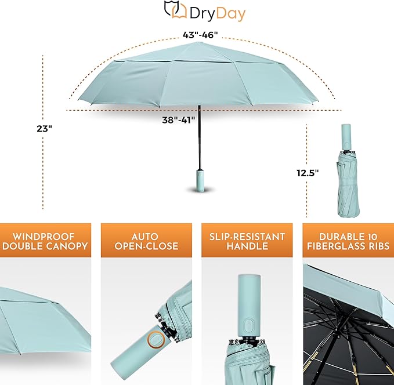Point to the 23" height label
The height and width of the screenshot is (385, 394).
(x=45, y=128)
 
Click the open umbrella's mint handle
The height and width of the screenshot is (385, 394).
(x=198, y=180)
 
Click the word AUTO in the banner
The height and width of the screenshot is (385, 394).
(x=145, y=237)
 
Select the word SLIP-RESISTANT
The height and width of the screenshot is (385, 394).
(x=247, y=237)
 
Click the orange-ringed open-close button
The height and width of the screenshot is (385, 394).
(x=156, y=340)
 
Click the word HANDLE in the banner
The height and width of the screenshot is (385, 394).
(x=247, y=246)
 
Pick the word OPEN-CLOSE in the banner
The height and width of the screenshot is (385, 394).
(x=146, y=246)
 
